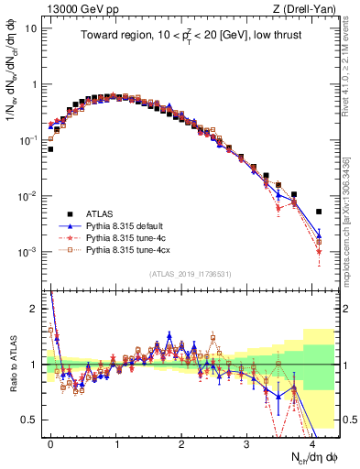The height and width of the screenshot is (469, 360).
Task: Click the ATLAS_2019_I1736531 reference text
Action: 191,274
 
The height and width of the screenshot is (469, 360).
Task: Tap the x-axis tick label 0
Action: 51,442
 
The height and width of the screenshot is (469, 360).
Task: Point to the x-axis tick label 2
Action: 181,442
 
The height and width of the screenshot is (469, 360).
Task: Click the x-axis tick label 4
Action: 312,442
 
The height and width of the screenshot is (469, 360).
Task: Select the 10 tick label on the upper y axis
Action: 31,27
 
